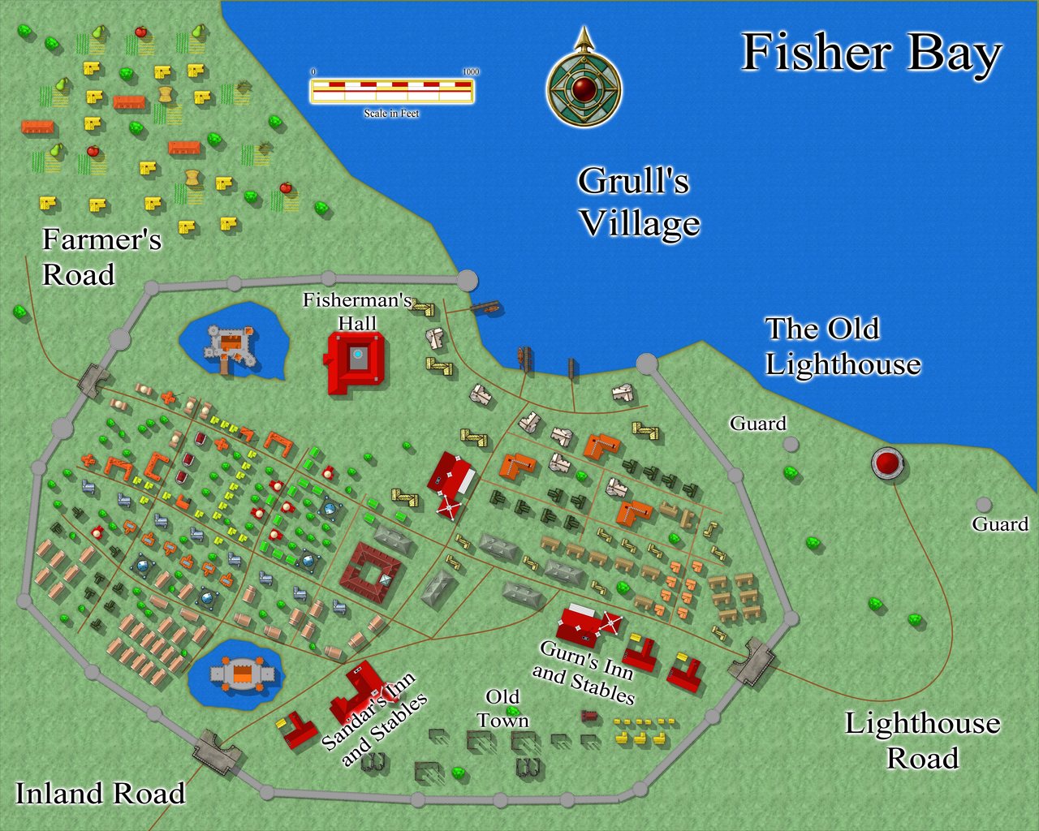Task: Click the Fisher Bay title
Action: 871,54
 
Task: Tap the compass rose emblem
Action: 584,87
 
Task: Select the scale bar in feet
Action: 392,90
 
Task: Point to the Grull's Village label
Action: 638,202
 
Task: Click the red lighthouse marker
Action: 888,463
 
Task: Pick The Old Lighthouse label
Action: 842,347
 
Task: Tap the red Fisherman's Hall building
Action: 354,362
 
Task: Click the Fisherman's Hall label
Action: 357,311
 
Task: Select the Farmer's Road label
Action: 101,256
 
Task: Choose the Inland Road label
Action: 101,793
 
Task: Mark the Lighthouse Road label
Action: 922,740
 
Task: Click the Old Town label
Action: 502,708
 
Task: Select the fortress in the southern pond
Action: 241,674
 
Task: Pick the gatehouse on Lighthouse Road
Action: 752,661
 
